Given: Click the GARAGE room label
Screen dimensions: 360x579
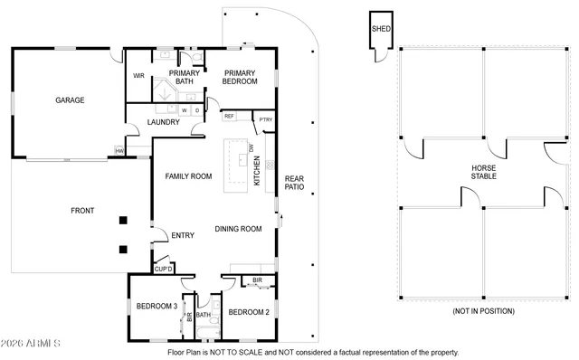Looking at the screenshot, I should (x=70, y=100).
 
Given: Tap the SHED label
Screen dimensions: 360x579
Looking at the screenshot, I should (x=380, y=29).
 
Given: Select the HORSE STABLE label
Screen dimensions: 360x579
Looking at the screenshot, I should (x=484, y=173).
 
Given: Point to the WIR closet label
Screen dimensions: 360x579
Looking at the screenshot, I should (x=139, y=75).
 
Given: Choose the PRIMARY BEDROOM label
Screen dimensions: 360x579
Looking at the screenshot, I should (x=240, y=77).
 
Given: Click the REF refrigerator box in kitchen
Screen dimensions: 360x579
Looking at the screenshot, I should (x=229, y=117).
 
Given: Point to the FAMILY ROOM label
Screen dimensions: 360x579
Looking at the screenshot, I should (x=188, y=176).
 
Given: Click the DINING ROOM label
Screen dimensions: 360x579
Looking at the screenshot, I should (x=238, y=229).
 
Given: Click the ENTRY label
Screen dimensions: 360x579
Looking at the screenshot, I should (x=183, y=236).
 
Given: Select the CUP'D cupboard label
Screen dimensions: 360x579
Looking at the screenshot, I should (x=163, y=269).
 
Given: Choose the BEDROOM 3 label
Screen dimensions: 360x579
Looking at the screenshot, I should (x=157, y=307).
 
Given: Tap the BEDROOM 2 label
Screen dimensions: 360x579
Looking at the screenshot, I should (x=250, y=312).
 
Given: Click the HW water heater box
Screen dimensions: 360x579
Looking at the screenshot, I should (x=119, y=151).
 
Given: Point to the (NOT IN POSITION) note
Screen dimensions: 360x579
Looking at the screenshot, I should (x=483, y=311).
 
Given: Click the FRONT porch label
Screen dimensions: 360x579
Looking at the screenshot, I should (x=82, y=211).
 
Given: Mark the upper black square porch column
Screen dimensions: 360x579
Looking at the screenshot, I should (x=122, y=220).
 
